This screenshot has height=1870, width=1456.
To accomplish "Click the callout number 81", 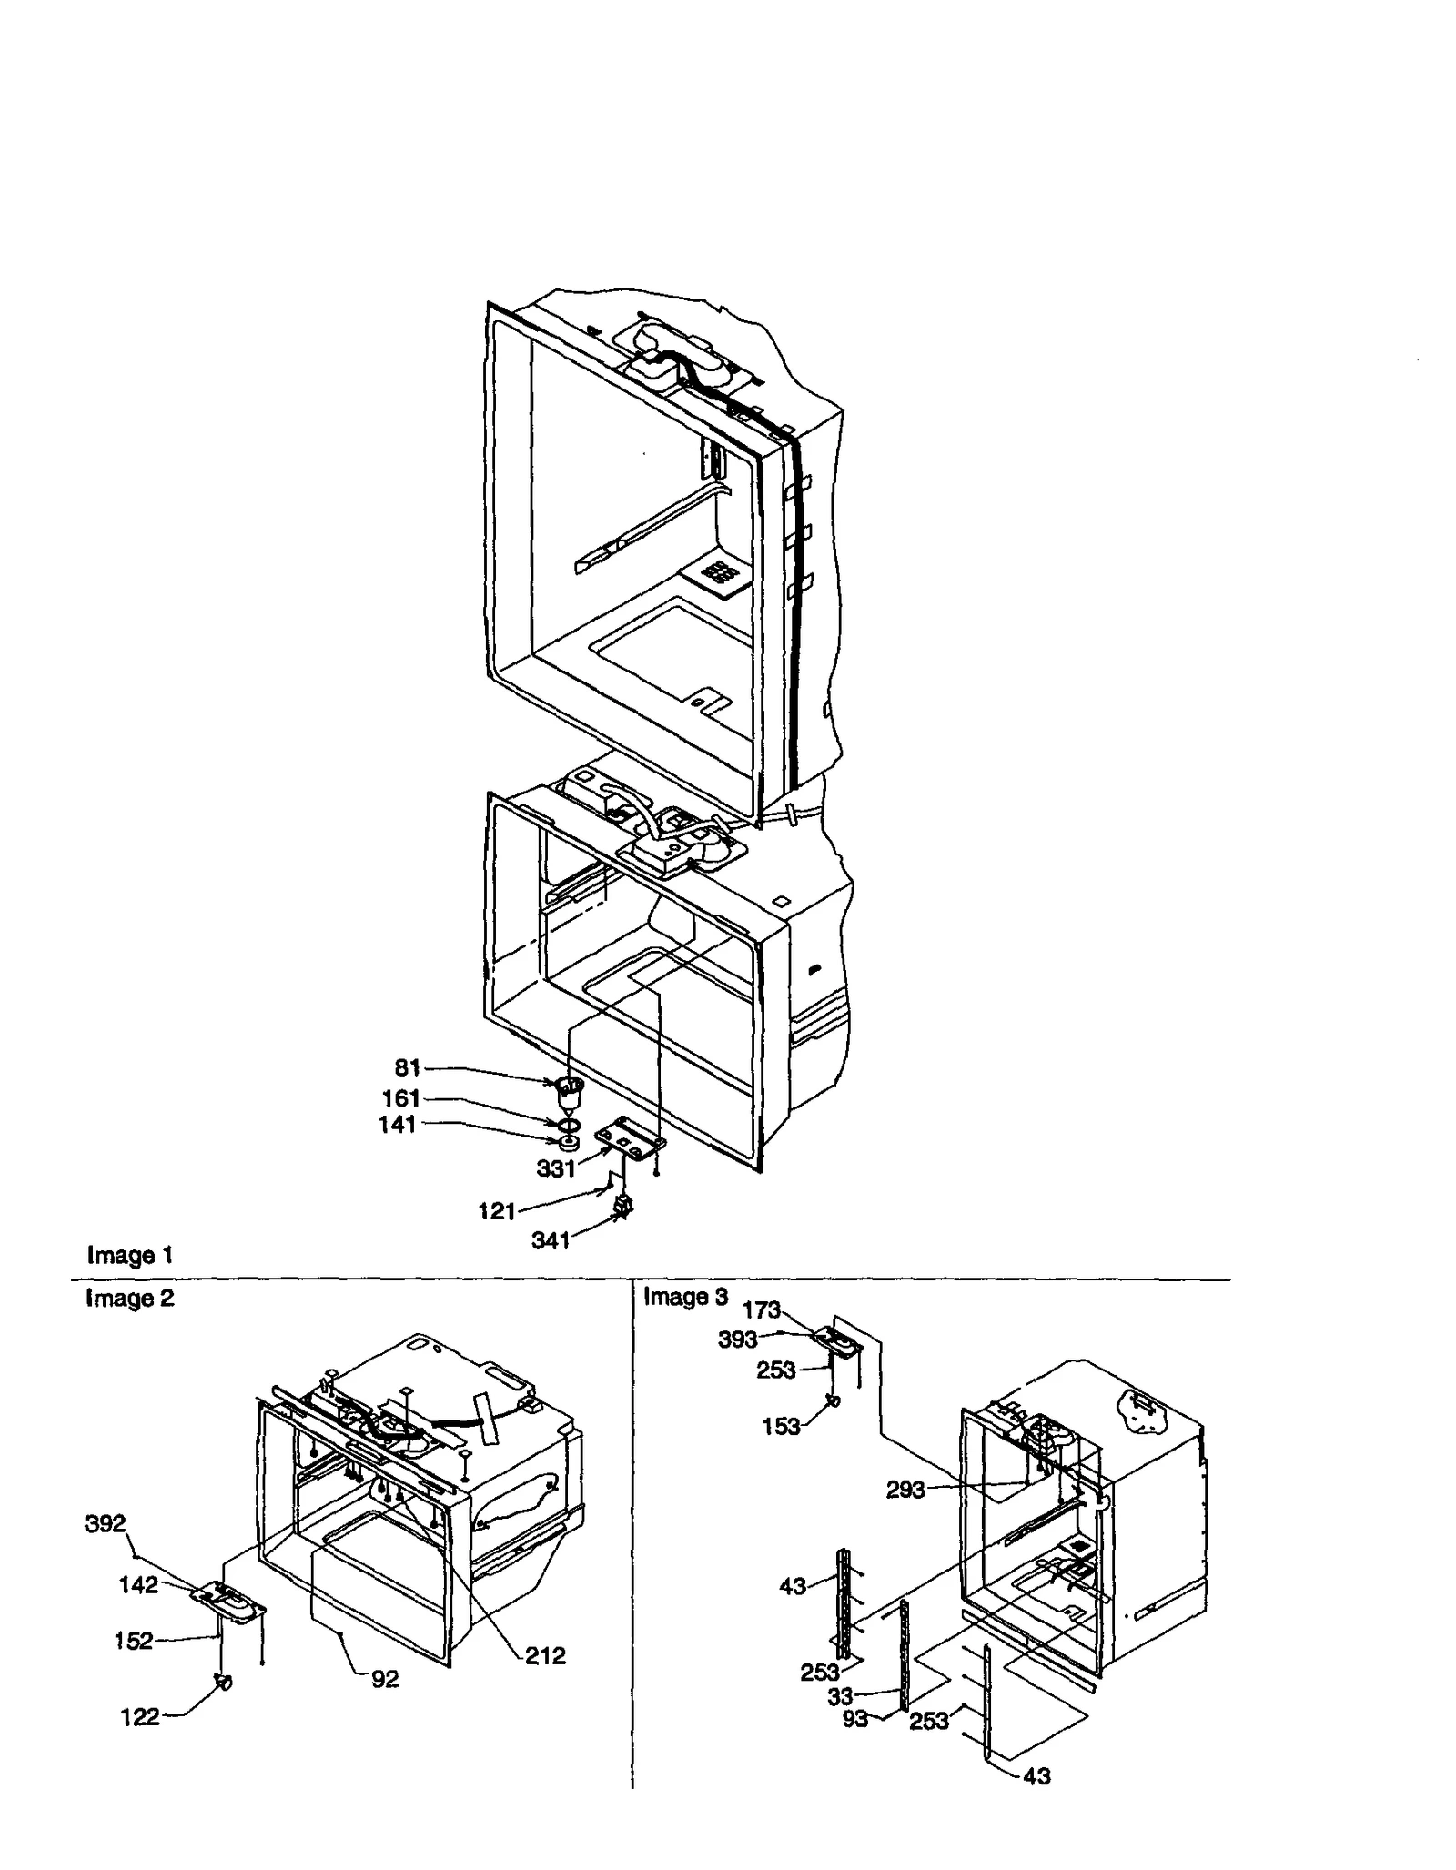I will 407,1067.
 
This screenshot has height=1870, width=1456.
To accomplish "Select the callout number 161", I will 400,1097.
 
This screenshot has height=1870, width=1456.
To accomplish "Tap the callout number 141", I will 397,1125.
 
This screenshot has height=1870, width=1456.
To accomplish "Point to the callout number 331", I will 555,1168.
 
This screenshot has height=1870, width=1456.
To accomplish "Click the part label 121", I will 497,1211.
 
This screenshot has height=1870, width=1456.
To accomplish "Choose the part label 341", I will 551,1240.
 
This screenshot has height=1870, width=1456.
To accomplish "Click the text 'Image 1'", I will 129,1256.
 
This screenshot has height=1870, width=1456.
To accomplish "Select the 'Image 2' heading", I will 129,1298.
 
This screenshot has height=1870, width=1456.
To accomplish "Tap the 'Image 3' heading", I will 685,1297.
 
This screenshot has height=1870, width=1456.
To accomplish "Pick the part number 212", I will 545,1655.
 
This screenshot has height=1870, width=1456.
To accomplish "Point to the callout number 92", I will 385,1679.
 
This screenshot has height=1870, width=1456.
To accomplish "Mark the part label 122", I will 139,1716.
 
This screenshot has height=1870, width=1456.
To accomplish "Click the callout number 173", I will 761,1309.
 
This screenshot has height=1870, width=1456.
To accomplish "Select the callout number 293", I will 905,1490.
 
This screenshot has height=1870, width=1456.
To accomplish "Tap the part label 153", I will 781,1427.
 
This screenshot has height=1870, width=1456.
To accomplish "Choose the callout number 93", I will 854,1719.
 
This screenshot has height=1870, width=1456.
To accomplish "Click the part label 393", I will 737,1339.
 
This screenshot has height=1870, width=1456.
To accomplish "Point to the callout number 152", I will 133,1641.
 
